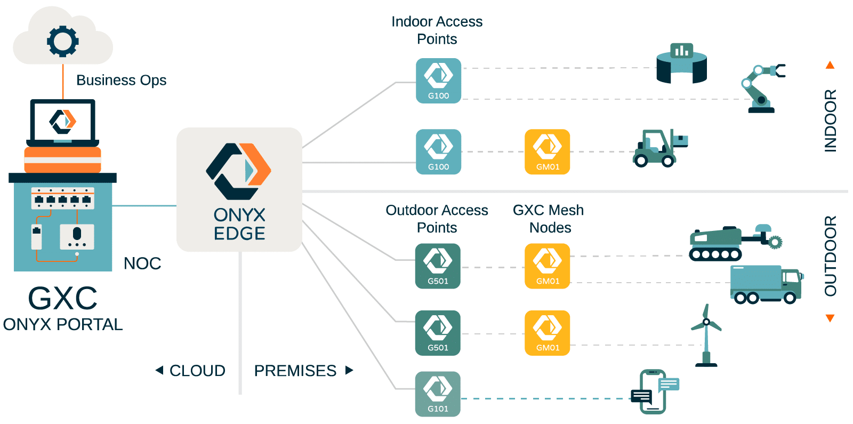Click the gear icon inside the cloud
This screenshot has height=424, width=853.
63,41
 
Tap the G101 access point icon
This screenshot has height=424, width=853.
438,394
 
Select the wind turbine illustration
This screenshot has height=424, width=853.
706,336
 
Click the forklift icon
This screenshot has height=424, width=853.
659,148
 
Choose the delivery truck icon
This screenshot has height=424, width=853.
766,284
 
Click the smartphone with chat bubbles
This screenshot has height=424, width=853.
654,391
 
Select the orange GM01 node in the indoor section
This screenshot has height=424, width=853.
548,151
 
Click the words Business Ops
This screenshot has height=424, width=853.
121,80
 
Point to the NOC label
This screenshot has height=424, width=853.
142,263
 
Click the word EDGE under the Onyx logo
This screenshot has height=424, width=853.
239,234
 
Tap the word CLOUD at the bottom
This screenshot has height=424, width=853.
197,371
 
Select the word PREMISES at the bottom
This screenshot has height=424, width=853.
295,371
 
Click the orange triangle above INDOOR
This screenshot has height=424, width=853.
830,66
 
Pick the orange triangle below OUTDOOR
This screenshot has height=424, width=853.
830,318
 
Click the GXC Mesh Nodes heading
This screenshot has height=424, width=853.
549,219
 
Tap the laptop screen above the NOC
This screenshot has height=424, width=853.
63,121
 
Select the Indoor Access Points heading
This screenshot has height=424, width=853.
437,30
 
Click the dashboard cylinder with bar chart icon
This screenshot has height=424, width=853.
681,64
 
